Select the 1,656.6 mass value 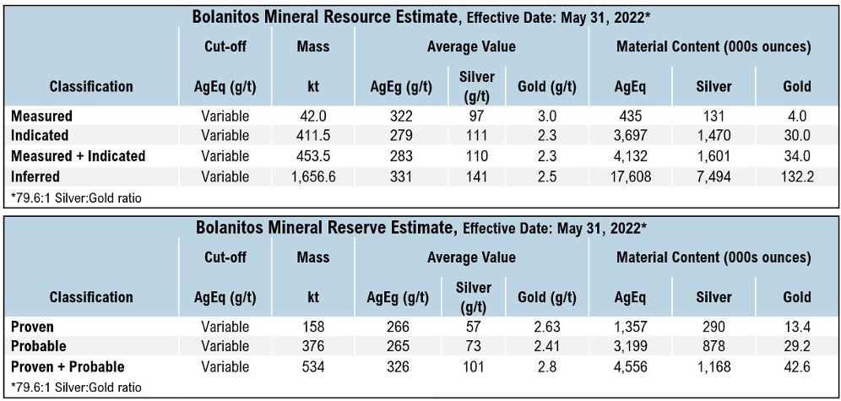coord(313,176)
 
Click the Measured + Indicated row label coord(78,156)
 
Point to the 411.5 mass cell coord(313,136)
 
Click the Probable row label coord(39,347)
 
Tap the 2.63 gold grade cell coord(545,327)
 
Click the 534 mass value coord(313,367)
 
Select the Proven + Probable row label coord(68,367)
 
